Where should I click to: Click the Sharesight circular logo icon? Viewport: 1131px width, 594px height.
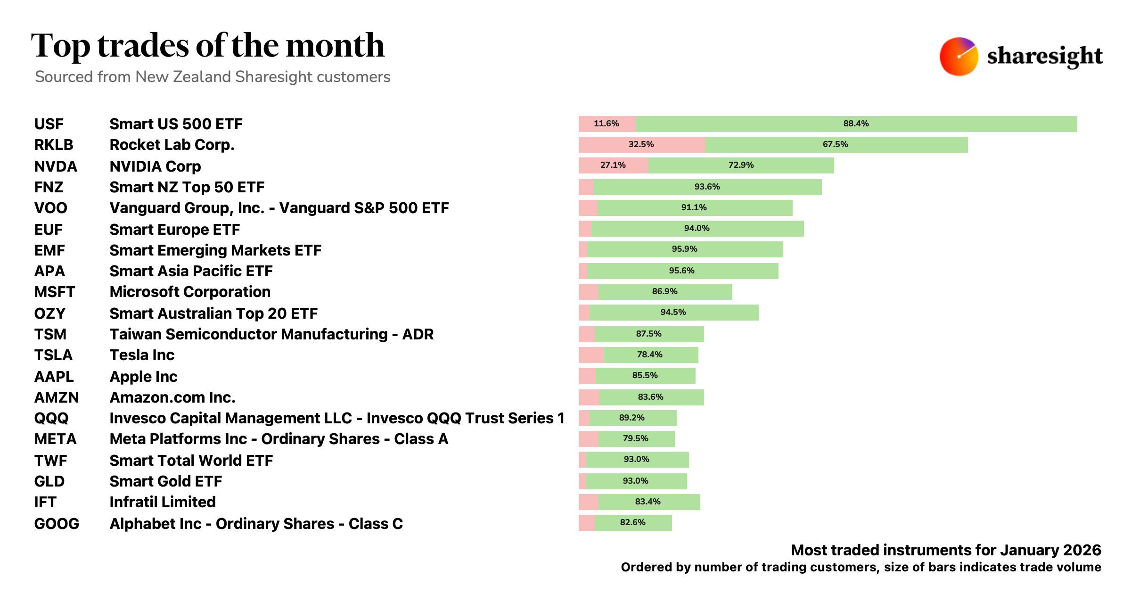(x=959, y=56)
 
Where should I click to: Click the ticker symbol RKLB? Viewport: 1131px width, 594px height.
(x=54, y=145)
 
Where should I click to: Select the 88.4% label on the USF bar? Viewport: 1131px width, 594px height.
(x=856, y=124)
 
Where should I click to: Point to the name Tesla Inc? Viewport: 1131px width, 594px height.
(x=142, y=355)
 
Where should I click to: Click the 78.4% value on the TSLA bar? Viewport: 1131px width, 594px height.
(x=649, y=355)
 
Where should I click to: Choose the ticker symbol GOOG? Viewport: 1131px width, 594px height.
(x=57, y=524)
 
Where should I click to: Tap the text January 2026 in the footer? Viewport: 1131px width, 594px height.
(x=1050, y=550)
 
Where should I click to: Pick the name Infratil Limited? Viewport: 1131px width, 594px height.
(x=163, y=502)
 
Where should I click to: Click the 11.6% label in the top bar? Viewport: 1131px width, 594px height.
(x=606, y=124)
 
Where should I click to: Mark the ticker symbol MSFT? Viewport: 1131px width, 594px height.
(x=55, y=292)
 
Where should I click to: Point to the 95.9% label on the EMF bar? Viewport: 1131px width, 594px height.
(x=684, y=249)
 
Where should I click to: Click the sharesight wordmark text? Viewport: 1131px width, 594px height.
(x=1044, y=56)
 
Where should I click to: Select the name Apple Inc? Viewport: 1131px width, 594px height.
(x=143, y=377)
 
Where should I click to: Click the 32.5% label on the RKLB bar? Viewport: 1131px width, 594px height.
(x=641, y=144)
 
